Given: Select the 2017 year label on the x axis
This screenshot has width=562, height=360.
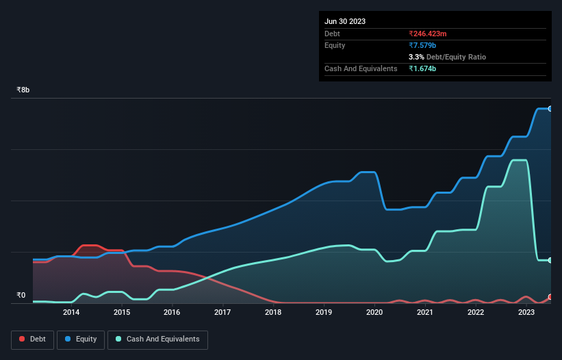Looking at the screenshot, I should coord(222,313).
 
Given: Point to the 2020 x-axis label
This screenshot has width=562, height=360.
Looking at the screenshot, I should coord(374,313).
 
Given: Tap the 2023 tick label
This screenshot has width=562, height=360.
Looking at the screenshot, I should coord(526,313).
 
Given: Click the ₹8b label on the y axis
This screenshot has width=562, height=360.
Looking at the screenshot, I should coord(23,90).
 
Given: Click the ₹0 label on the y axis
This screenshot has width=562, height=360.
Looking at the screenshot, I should coord(21,296).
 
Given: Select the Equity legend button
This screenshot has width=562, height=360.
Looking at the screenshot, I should coord(81,339).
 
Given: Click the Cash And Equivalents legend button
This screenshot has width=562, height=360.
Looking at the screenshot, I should coord(157,339).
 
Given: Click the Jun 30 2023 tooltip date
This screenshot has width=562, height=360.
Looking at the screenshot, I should coord(345,21).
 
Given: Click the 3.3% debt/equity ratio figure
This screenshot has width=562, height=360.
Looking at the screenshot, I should coord(417,57).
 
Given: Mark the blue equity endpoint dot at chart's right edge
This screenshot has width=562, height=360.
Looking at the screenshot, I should coord(550,109).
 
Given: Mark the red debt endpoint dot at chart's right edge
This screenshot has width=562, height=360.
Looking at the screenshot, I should coord(550,297).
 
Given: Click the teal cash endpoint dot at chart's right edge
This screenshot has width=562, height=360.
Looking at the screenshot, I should coord(550,260).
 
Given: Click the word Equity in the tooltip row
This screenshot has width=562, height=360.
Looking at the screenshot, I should coord(335,45).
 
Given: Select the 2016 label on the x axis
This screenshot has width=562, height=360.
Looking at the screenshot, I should coord(172,313).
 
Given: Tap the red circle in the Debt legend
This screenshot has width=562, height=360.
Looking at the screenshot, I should coord(23,339).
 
